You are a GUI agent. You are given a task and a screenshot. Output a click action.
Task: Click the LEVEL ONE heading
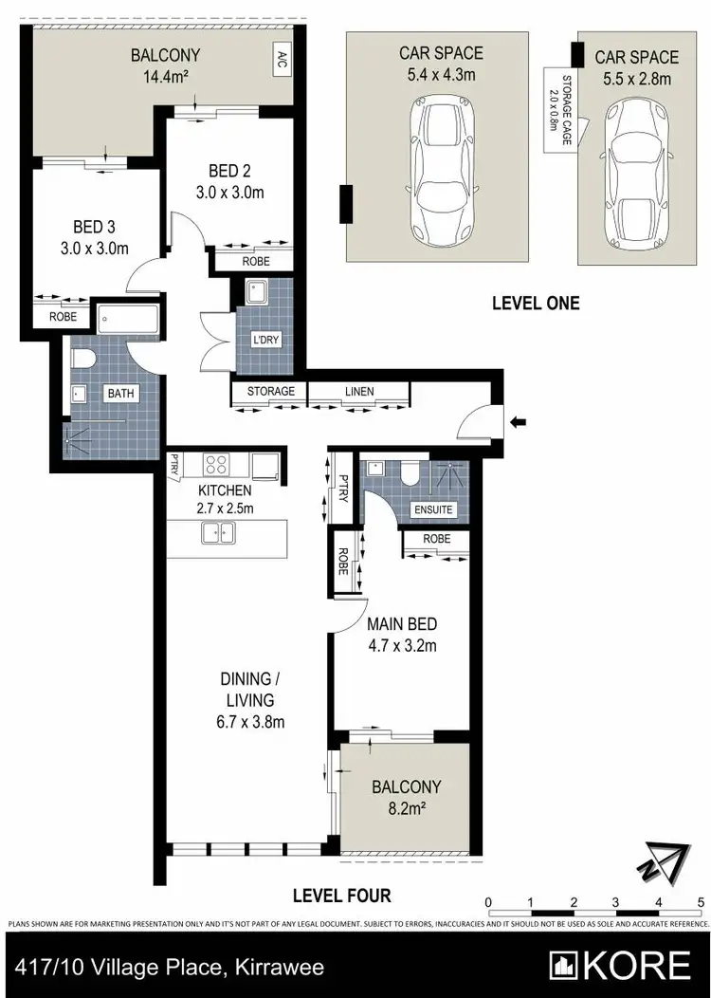[535, 305]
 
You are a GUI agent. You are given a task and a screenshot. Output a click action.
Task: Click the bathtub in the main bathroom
[129, 317]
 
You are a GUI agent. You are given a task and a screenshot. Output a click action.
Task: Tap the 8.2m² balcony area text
[407, 808]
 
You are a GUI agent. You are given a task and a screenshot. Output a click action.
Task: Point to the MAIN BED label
[402, 624]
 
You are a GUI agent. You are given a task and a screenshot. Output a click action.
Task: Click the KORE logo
[621, 966]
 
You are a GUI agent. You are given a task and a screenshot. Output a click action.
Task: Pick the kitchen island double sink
[218, 534]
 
